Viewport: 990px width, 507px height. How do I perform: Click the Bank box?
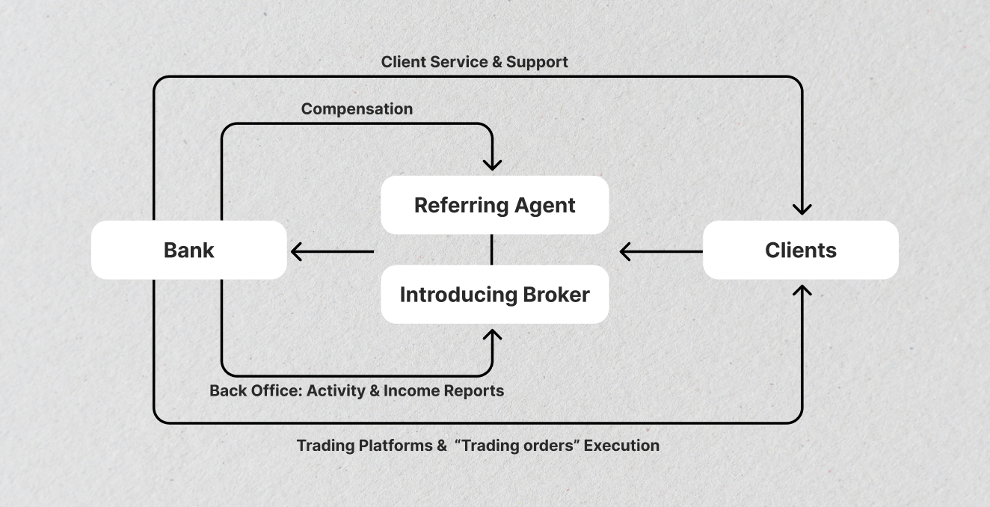pos(188,250)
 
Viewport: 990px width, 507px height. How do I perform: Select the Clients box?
pos(800,250)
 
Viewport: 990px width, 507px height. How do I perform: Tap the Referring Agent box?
pos(494,205)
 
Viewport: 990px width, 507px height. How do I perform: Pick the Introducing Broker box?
pos(494,294)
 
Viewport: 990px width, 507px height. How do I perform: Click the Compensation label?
pos(357,109)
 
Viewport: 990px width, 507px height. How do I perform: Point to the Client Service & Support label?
pos(474,62)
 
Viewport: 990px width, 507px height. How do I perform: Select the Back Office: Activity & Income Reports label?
pos(357,390)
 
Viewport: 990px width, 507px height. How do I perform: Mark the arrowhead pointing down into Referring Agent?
pos(492,163)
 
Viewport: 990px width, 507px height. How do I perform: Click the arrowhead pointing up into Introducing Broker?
pos(492,336)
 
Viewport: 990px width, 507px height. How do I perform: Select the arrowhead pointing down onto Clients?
pos(802,208)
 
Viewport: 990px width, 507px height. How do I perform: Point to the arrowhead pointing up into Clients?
pos(802,291)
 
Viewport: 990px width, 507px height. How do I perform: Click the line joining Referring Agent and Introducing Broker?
pos(491,250)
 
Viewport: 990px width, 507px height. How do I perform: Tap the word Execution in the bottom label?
pos(621,446)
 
